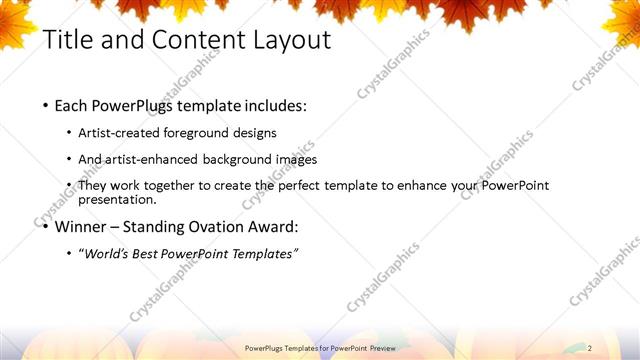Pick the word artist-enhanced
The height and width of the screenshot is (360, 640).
tap(154, 159)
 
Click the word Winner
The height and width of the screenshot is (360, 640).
tap(85, 226)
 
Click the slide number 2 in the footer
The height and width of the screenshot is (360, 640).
tap(590, 348)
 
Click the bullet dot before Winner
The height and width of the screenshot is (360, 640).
tap(46, 227)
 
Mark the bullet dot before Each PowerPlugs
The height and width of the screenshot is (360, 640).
tap(46, 105)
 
